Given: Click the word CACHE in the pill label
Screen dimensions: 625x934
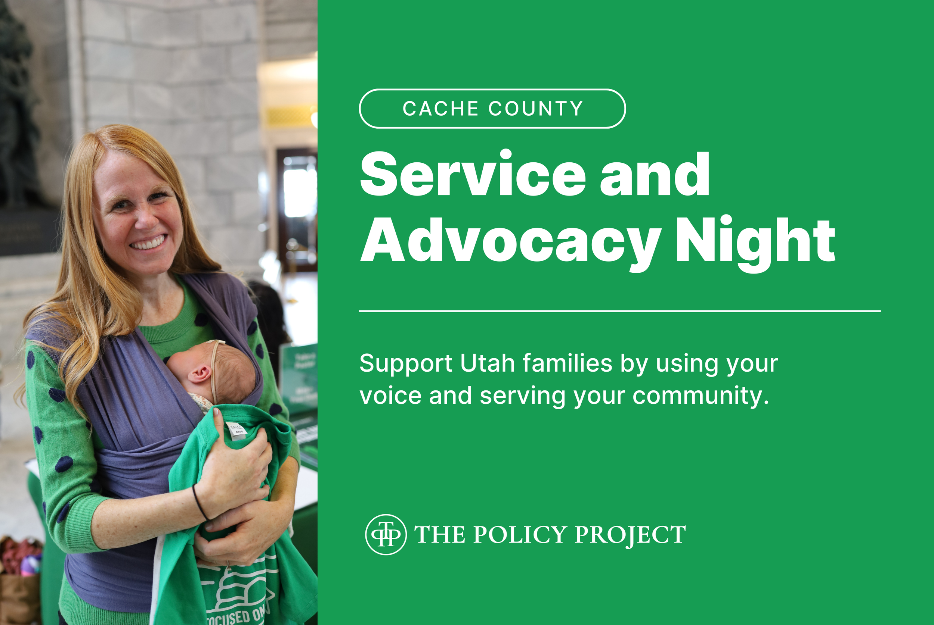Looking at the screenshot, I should click(440, 109).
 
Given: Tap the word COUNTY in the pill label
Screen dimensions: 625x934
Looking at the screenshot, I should click(536, 109).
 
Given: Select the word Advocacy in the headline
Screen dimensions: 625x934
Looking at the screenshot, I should click(511, 241).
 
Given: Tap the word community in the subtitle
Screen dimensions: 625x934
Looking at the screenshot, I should click(700, 396).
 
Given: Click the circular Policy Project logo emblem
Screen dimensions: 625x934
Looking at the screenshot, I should click(386, 535).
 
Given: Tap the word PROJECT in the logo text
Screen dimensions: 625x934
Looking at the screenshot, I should click(630, 535).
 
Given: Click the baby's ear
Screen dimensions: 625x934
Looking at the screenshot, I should click(199, 374).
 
